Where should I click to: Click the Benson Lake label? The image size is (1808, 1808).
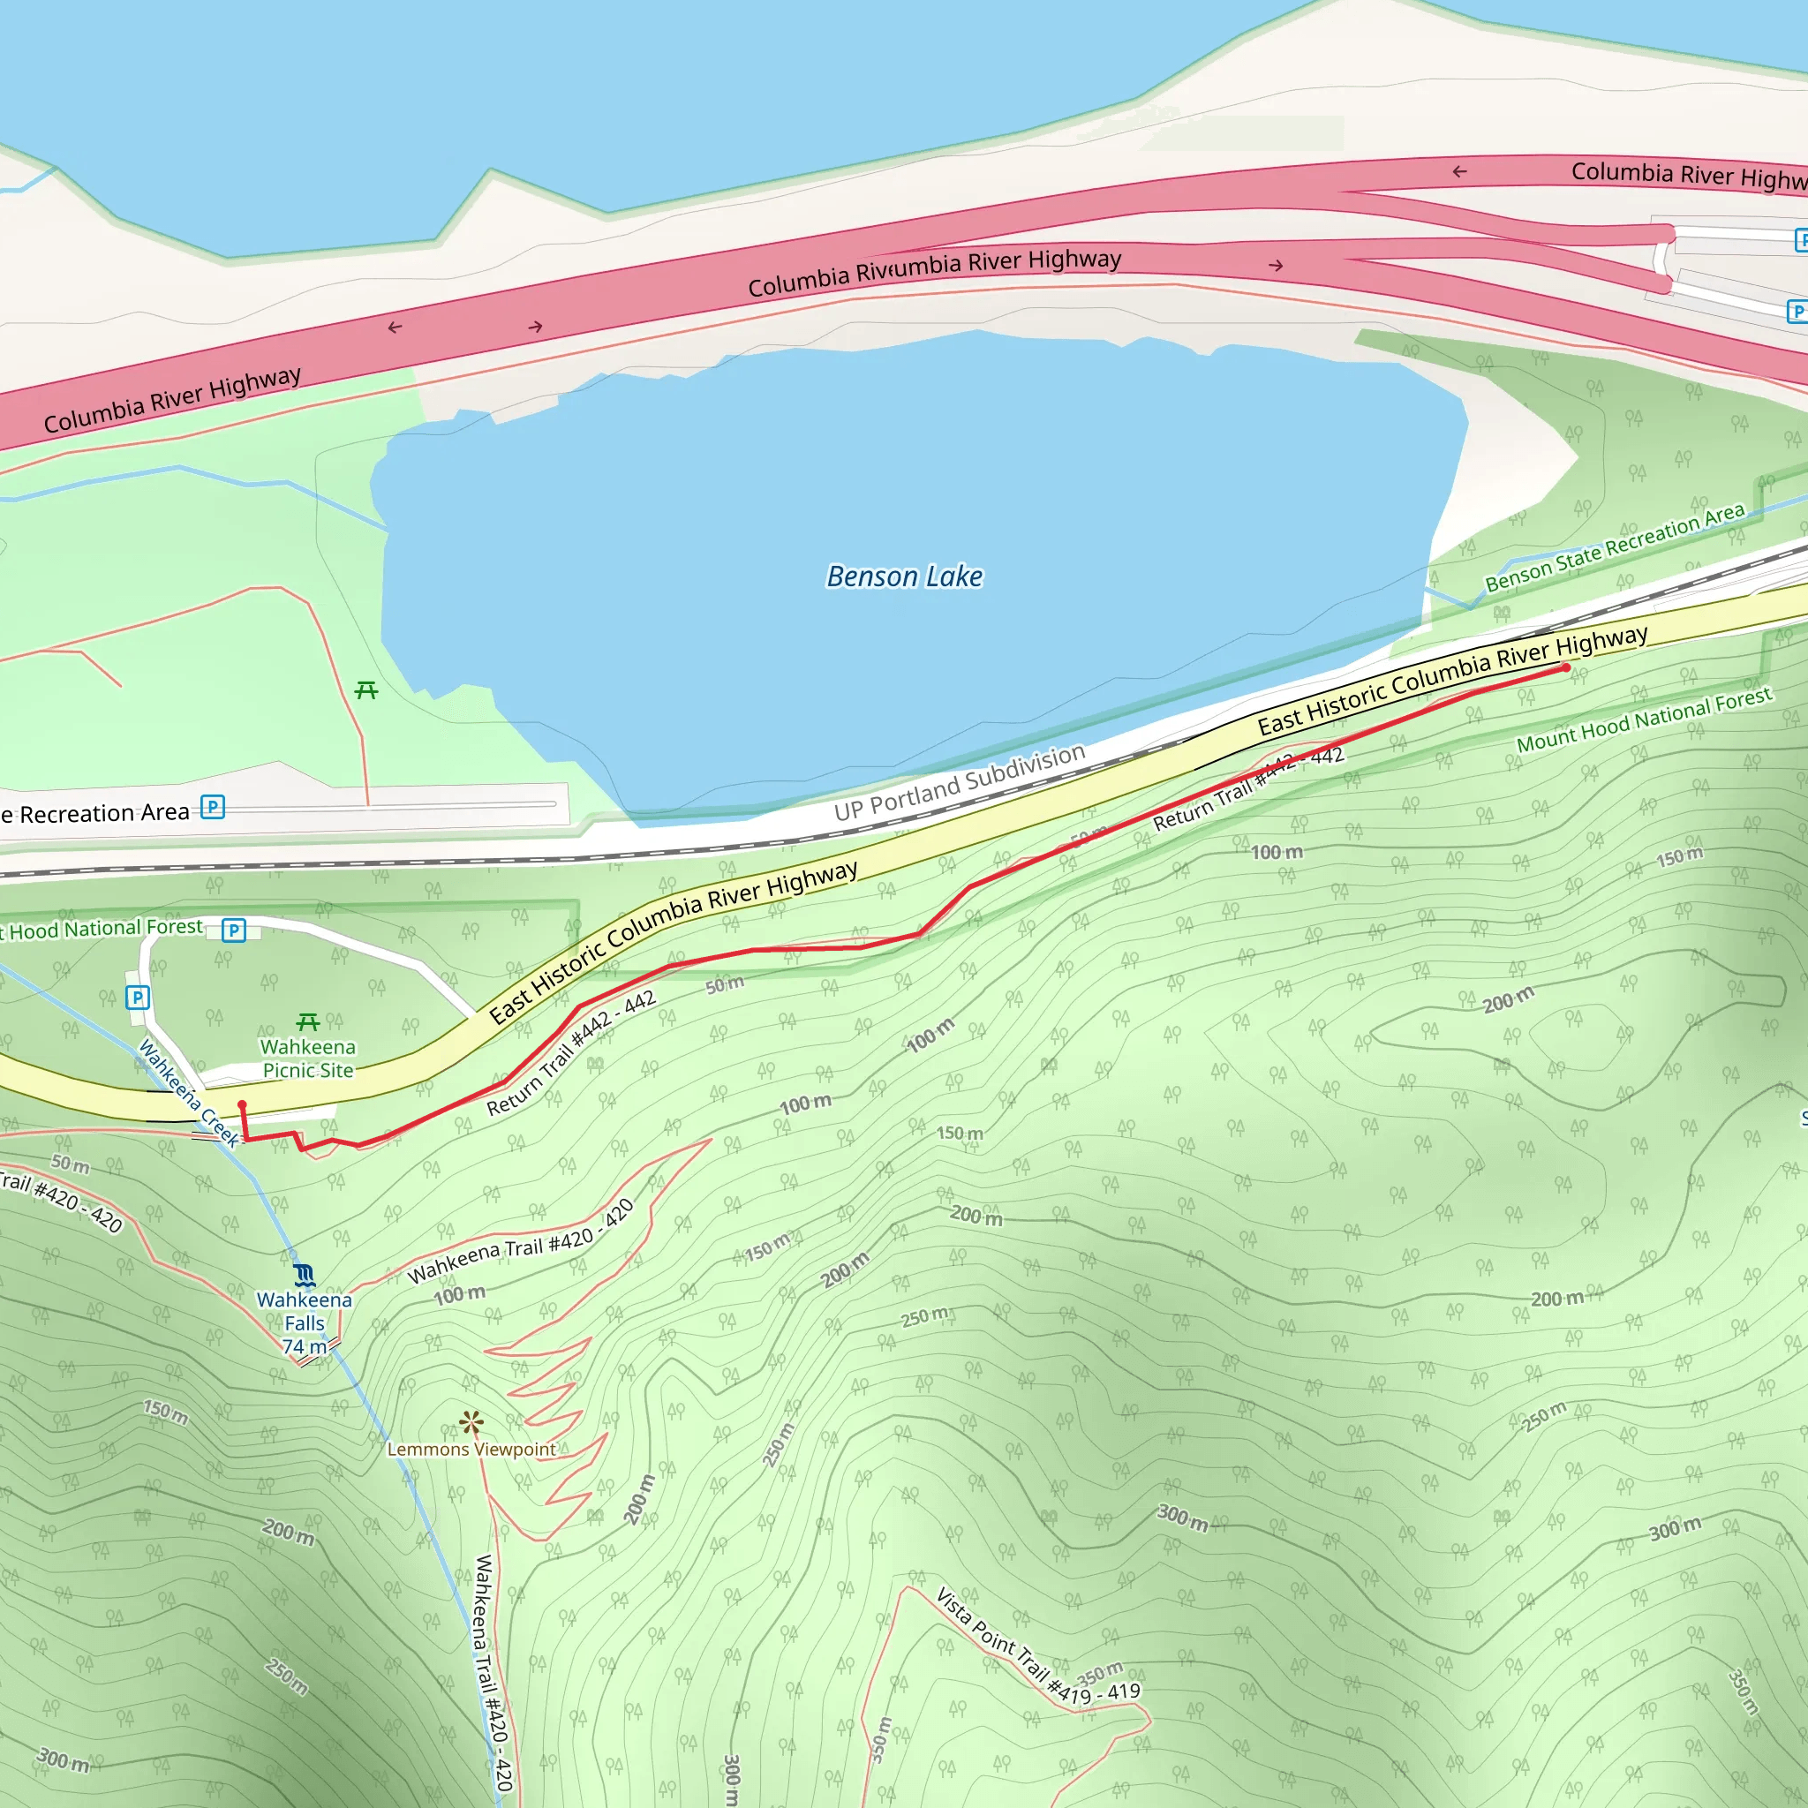(904, 576)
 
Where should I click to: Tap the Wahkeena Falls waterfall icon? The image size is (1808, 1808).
(305, 1276)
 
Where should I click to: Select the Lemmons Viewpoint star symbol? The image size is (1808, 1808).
(471, 1423)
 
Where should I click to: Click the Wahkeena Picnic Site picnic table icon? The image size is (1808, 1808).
(308, 1022)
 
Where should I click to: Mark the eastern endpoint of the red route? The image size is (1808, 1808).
(1567, 668)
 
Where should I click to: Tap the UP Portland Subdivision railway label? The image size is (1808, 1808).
(960, 784)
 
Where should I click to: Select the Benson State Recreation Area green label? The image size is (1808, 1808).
(1615, 547)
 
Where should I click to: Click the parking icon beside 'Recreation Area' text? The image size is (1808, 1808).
(214, 807)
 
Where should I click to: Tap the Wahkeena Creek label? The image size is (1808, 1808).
(189, 1093)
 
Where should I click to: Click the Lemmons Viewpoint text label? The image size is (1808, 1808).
(471, 1450)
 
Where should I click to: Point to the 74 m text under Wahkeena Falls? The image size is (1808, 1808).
(305, 1346)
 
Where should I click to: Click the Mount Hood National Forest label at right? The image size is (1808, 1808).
(1644, 719)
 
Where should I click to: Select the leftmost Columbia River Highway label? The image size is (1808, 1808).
(173, 400)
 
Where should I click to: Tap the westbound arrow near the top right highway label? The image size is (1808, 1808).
(1459, 171)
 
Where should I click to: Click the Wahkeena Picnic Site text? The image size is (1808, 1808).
(308, 1058)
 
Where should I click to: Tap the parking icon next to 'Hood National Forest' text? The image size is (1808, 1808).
(234, 930)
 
